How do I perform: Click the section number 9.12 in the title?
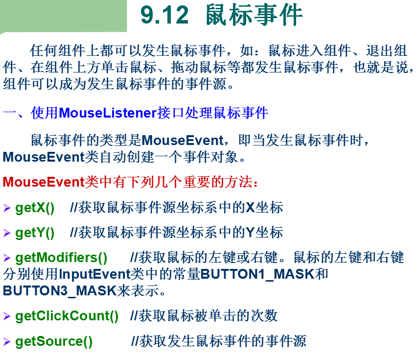[x=164, y=16]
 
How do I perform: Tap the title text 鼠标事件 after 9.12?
[x=254, y=16]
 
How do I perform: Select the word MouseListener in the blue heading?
[x=108, y=114]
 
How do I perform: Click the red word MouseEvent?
[x=44, y=183]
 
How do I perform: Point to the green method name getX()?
[x=35, y=208]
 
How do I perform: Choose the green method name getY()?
[x=35, y=233]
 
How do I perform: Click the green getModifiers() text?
[x=61, y=258]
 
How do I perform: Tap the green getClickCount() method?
[x=67, y=316]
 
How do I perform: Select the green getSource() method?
[x=54, y=341]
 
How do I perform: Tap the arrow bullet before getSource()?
[x=7, y=341]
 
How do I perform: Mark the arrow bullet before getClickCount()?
[x=7, y=316]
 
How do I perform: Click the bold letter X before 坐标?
[x=250, y=208]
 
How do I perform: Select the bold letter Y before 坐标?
[x=250, y=233]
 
